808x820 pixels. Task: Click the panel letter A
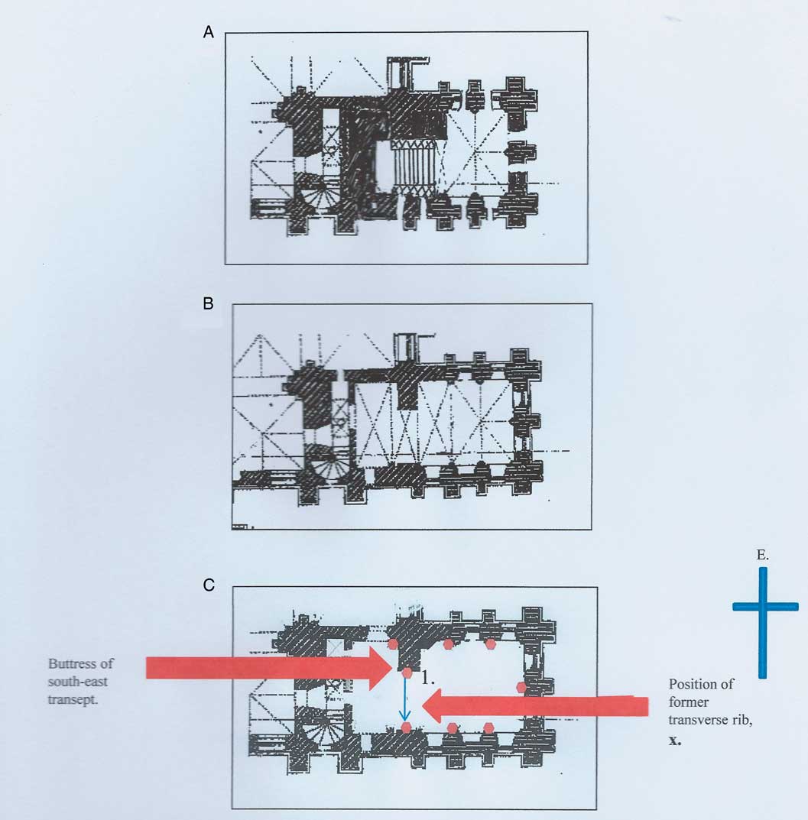tap(208, 32)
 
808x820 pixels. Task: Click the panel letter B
tap(208, 304)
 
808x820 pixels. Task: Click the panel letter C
tap(209, 585)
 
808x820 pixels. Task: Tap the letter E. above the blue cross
tap(762, 555)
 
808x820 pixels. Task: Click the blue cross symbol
tap(763, 607)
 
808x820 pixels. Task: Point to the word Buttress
tap(80, 663)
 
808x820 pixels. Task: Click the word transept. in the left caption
tap(73, 700)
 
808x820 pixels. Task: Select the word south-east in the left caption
tap(77, 682)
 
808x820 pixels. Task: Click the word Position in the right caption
tap(701, 685)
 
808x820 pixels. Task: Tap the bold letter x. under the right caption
tap(675, 740)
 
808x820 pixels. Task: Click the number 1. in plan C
tap(428, 679)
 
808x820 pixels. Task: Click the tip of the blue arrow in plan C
tap(405, 720)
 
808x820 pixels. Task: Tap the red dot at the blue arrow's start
tap(407, 673)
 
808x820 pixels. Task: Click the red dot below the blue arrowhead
tap(406, 728)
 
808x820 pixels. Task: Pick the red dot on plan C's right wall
tap(521, 687)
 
